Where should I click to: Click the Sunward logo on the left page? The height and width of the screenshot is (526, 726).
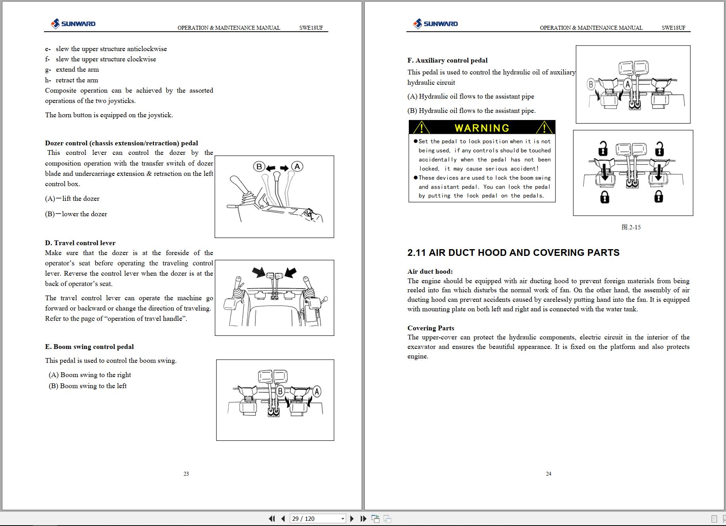click(73, 24)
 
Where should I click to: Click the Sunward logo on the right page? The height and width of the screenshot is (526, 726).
click(435, 24)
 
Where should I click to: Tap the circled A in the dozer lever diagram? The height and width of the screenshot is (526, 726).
click(297, 166)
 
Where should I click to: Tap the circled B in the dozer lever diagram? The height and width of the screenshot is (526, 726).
click(259, 167)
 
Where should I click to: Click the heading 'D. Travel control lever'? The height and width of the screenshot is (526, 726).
click(80, 243)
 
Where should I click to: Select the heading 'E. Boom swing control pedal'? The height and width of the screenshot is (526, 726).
click(89, 347)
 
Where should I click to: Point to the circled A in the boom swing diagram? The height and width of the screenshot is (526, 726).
click(316, 392)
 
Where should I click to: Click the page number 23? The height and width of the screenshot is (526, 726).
click(186, 474)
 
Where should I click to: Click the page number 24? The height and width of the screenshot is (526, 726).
click(548, 474)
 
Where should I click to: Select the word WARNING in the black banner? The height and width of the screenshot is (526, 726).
click(482, 128)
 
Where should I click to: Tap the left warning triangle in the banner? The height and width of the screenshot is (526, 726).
click(421, 128)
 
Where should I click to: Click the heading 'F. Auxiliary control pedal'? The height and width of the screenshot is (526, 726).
click(447, 60)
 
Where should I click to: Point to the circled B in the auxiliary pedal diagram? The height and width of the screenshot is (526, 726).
click(591, 84)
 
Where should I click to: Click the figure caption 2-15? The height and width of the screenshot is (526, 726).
click(631, 227)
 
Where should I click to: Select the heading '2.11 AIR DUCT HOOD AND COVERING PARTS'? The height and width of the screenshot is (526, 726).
click(513, 253)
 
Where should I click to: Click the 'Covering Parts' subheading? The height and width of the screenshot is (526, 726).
click(431, 328)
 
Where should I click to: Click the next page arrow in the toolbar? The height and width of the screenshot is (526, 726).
click(352, 518)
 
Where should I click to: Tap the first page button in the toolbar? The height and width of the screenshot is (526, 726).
click(272, 518)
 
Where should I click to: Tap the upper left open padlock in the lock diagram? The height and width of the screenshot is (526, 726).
click(603, 149)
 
